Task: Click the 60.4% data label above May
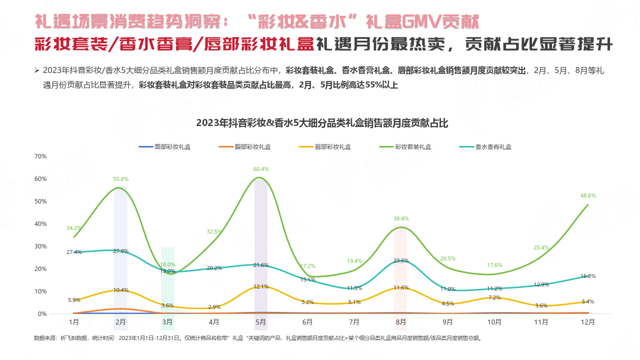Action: point(260,169)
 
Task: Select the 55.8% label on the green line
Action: point(120,179)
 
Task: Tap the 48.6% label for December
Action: point(588,195)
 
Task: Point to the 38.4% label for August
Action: point(401,218)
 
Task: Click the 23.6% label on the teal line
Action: point(401,260)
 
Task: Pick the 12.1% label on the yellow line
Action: point(261,286)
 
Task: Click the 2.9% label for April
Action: point(214,306)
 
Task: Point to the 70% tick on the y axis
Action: point(40,156)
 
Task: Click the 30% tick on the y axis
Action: point(40,246)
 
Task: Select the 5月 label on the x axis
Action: point(260,322)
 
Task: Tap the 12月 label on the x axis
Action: point(588,322)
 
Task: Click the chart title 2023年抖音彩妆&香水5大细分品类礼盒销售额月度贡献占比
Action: point(322,122)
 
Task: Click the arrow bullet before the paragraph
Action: point(36,70)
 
